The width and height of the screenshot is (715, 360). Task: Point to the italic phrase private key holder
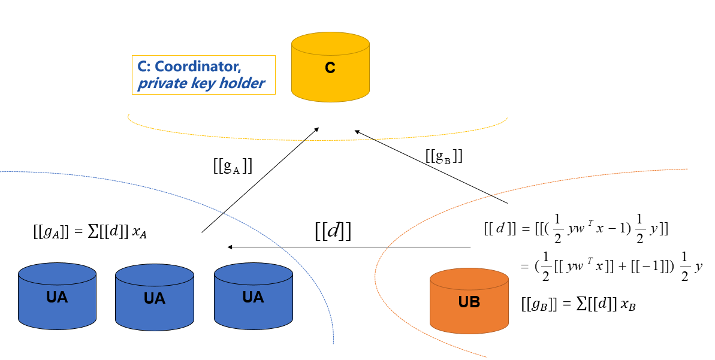[x=201, y=83]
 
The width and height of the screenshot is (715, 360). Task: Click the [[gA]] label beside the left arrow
[x=233, y=167]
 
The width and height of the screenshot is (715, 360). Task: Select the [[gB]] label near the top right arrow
[x=444, y=156]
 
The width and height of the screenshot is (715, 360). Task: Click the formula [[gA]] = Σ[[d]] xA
[x=90, y=232]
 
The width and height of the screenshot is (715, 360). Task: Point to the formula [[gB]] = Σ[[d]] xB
[x=578, y=305]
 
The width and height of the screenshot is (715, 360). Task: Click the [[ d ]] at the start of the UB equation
[x=496, y=229]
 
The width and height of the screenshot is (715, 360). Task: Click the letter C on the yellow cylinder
[x=330, y=68]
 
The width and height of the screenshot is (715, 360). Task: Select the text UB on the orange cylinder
[x=469, y=302]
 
